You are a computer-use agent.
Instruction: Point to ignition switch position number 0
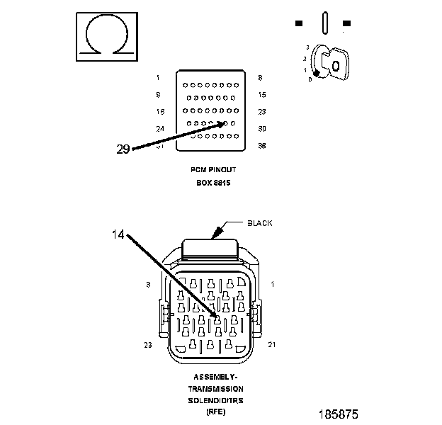(310, 79)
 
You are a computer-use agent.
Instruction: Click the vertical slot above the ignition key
(323, 22)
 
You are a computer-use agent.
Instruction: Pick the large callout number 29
(123, 149)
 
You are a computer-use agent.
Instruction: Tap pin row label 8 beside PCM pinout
(261, 77)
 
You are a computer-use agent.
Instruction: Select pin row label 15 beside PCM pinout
(262, 94)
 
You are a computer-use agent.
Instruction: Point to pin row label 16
(159, 112)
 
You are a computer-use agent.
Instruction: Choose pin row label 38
(262, 146)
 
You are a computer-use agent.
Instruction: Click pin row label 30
(262, 129)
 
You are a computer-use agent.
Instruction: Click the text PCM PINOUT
(213, 170)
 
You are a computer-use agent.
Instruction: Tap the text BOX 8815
(214, 183)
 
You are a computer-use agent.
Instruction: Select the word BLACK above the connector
(259, 223)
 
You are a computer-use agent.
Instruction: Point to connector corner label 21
(271, 345)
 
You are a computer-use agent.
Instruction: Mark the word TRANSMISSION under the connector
(215, 389)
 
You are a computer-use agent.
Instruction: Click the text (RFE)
(215, 412)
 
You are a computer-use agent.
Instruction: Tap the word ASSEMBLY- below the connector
(215, 378)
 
